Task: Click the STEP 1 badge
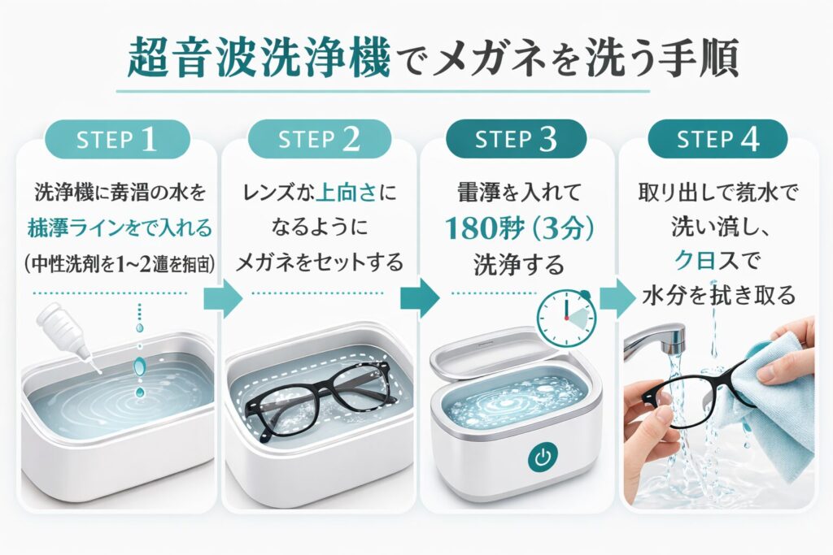coord(117,139)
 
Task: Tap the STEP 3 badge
coord(516,139)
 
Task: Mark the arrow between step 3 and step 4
coord(617,300)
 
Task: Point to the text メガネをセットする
coord(319,262)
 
